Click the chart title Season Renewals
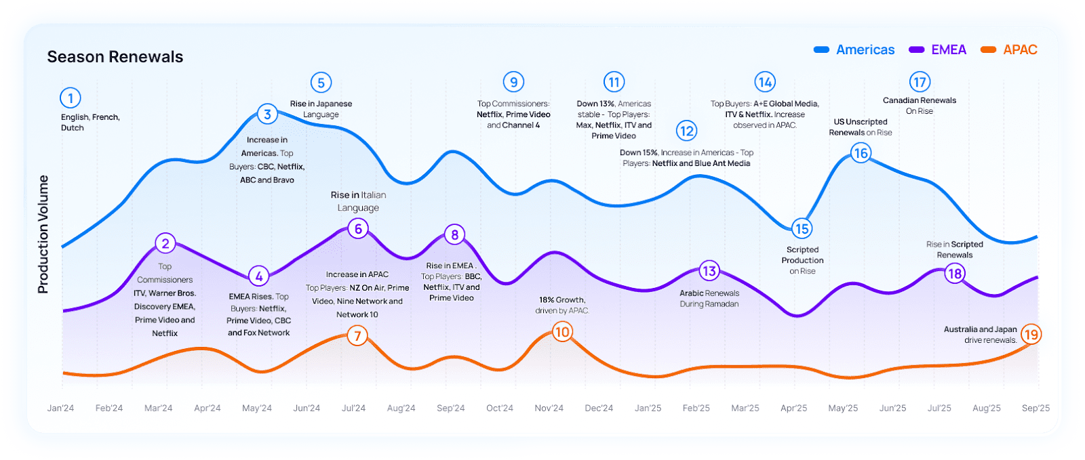[x=115, y=57]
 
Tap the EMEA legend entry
[x=939, y=50]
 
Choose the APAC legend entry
[x=1010, y=50]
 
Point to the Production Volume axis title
[x=43, y=234]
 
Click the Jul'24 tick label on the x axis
[x=353, y=409]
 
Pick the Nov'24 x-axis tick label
[x=549, y=409]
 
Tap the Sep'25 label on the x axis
[x=1035, y=409]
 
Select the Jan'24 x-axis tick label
[x=60, y=409]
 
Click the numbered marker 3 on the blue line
[x=268, y=114]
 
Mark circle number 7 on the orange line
[x=357, y=335]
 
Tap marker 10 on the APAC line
[x=561, y=332]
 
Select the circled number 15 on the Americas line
[x=802, y=229]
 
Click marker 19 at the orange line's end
[x=1031, y=334]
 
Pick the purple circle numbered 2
[x=165, y=243]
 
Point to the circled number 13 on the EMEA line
[x=709, y=271]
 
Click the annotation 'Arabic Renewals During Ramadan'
[x=709, y=299]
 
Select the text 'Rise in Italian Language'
[x=358, y=201]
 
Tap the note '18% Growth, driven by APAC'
[x=562, y=305]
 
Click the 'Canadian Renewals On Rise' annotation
[x=920, y=106]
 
